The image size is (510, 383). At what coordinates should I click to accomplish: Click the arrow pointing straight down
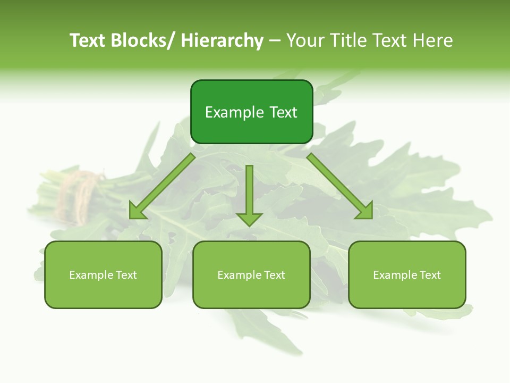click(250, 197)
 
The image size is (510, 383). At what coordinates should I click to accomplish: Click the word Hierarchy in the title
click(222, 41)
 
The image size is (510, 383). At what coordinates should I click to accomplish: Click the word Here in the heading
click(432, 41)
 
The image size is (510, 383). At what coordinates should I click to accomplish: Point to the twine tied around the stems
click(80, 194)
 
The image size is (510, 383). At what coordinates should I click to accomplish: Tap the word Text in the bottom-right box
click(429, 275)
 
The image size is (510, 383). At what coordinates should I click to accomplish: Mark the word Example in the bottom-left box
click(91, 275)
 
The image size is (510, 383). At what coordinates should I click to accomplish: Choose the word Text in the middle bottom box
click(274, 275)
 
